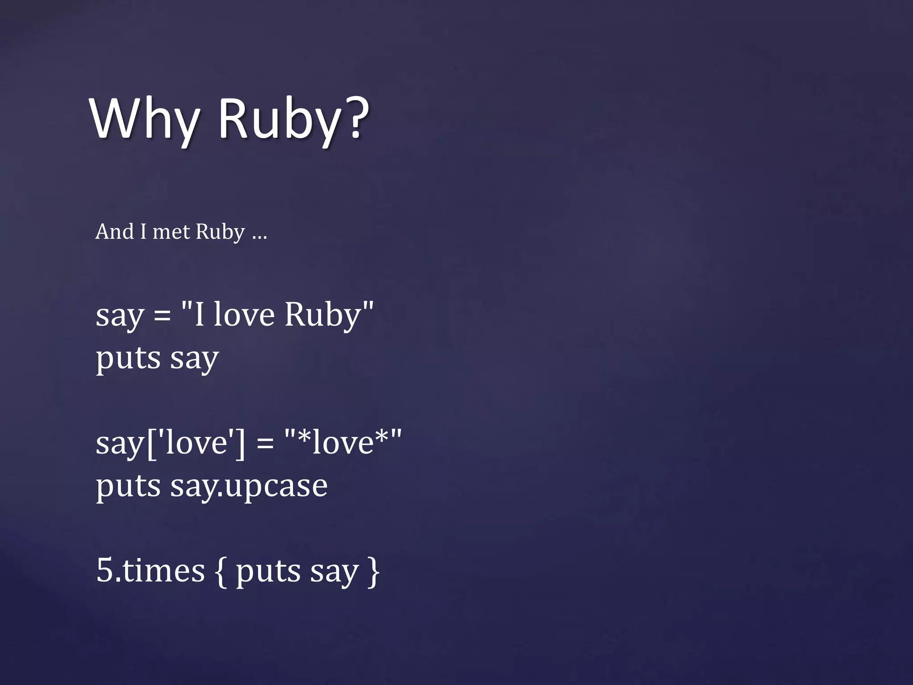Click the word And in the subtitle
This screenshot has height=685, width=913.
click(114, 231)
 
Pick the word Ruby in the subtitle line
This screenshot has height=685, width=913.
click(220, 232)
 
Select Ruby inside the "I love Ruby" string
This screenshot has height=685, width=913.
click(323, 315)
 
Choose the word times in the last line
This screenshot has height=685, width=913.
click(163, 570)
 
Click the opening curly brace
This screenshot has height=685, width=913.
click(220, 572)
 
